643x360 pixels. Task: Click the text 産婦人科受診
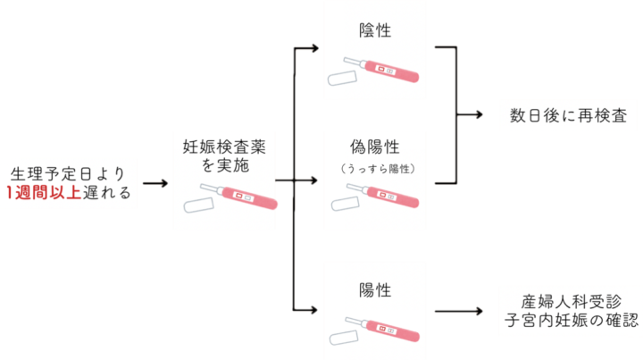click(x=570, y=299)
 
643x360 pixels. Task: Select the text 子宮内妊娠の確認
click(x=570, y=321)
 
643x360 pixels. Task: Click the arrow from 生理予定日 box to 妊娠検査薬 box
click(x=155, y=183)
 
